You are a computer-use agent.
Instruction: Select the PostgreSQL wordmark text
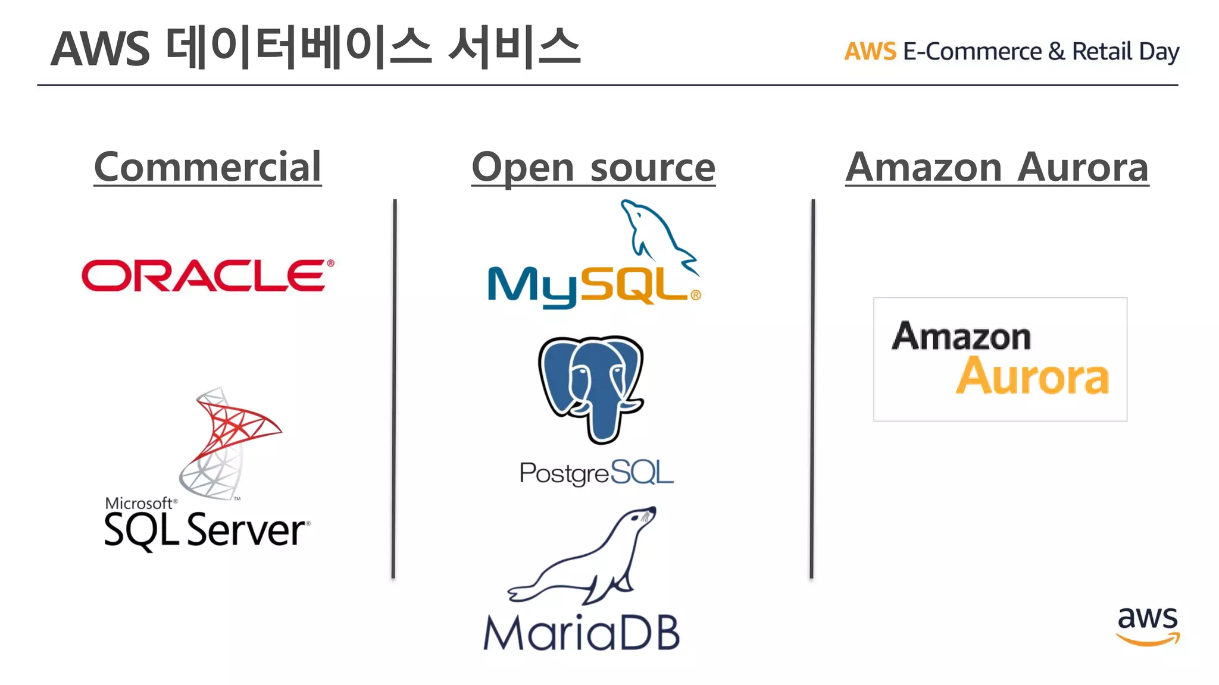click(x=596, y=473)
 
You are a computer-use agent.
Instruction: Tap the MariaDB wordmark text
click(x=582, y=633)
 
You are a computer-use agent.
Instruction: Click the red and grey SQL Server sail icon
click(x=229, y=443)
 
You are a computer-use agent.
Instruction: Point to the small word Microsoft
click(x=139, y=503)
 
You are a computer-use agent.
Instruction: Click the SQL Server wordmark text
click(x=205, y=530)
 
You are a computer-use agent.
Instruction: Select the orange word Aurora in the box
click(x=1032, y=376)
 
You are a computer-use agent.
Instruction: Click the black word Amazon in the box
click(x=961, y=337)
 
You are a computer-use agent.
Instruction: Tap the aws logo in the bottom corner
click(x=1147, y=626)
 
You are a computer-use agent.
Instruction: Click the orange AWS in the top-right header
click(x=870, y=52)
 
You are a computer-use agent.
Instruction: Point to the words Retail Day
click(x=1125, y=52)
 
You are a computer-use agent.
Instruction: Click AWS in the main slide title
click(x=100, y=49)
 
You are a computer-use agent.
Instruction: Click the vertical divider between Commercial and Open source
click(x=394, y=387)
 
